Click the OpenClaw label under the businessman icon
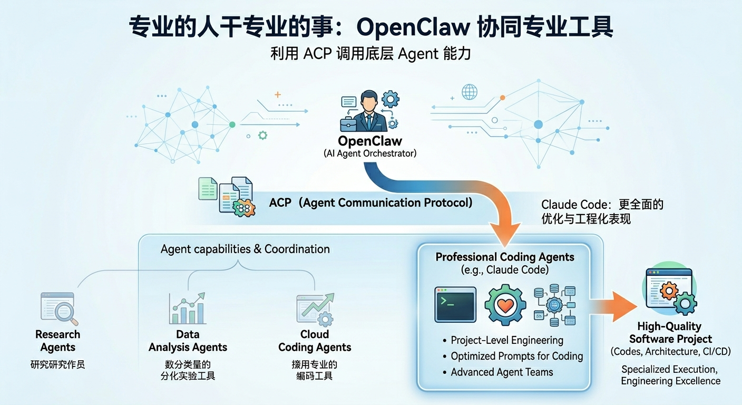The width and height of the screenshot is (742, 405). click(x=370, y=141)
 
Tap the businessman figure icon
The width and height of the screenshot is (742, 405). click(x=369, y=112)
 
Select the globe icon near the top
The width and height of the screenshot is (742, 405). click(x=469, y=92)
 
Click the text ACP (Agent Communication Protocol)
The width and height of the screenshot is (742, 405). click(x=370, y=202)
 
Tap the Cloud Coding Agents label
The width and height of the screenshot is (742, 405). click(x=315, y=341)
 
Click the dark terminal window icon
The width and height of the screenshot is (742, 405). click(x=455, y=304)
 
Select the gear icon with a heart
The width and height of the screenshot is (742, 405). click(x=505, y=304)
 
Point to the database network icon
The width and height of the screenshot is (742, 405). click(x=554, y=305)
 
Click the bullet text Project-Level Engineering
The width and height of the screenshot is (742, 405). click(x=507, y=340)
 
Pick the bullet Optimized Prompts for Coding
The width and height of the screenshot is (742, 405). click(x=516, y=356)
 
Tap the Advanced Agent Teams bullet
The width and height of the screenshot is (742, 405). click(x=502, y=372)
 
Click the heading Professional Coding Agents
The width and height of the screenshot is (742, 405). click(x=504, y=257)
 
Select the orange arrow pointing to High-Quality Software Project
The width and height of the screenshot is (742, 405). click(x=616, y=306)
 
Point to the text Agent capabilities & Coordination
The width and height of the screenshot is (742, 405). click(x=245, y=249)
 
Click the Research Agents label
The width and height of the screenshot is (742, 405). click(x=58, y=341)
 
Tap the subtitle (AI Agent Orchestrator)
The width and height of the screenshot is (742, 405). click(x=370, y=153)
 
